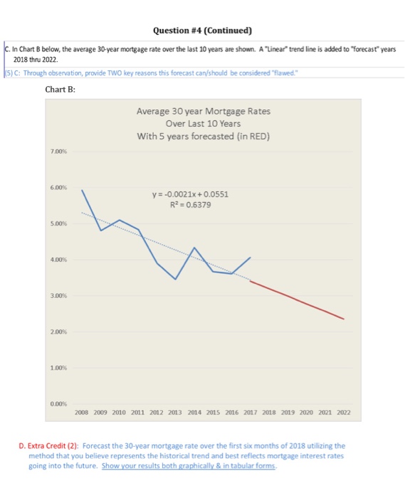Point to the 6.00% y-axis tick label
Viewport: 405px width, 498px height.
[60, 188]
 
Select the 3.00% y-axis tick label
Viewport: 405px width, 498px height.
[60, 295]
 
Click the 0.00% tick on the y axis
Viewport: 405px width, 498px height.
[60, 403]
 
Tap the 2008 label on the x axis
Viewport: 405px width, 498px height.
[82, 412]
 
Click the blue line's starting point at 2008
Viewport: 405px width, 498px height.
[82, 190]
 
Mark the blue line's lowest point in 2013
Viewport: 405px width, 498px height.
[175, 279]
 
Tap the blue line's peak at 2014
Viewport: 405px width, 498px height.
[194, 248]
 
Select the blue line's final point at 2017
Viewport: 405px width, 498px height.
[251, 257]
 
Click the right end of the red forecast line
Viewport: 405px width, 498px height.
[344, 319]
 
